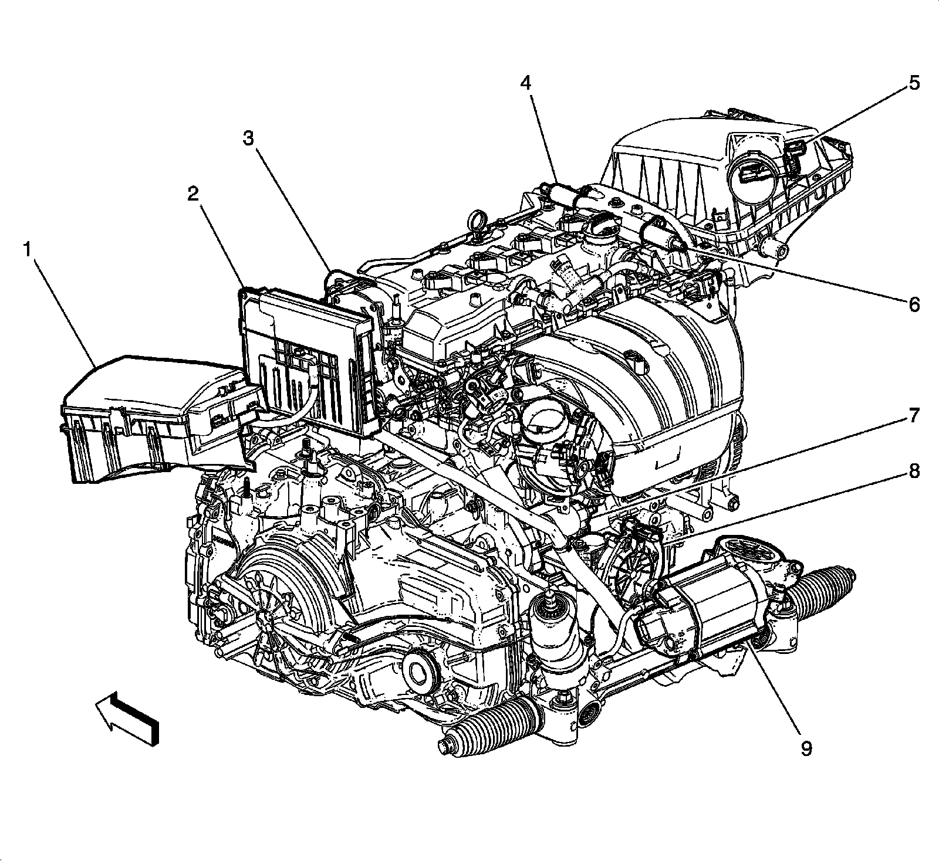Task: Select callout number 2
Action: pos(193,194)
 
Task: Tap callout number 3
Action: pos(249,139)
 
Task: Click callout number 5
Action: pos(914,83)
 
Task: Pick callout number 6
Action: pos(914,304)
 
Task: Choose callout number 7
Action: pos(914,416)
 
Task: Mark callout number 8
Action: pos(914,471)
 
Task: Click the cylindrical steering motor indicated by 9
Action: pos(704,613)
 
